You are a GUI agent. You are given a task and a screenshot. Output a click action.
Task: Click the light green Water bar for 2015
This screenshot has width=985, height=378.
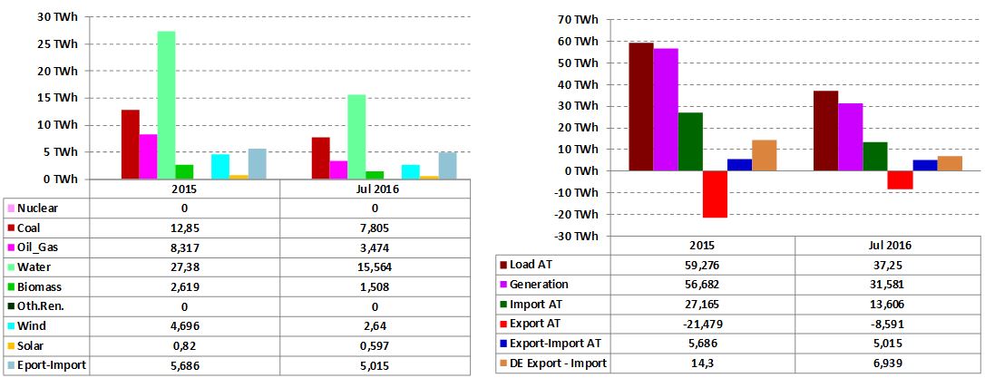click(166, 105)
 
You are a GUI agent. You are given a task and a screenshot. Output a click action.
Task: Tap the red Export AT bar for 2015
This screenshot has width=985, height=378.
click(715, 194)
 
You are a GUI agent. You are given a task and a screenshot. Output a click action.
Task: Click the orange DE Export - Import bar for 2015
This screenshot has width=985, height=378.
click(764, 155)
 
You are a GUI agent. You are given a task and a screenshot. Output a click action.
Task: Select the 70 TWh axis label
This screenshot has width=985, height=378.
click(578, 19)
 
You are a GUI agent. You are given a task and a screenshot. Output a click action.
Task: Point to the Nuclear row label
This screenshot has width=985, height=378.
click(38, 208)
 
